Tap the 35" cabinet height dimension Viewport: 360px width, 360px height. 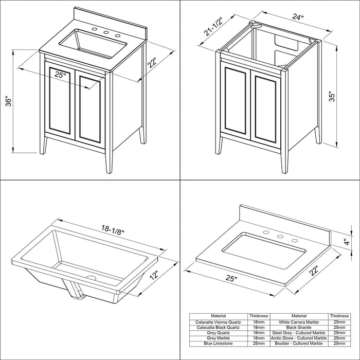332,97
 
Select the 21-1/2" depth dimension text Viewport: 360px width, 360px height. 213,27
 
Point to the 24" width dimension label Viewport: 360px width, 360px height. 298,16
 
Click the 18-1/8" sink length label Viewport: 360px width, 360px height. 113,229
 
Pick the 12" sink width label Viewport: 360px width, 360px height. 154,275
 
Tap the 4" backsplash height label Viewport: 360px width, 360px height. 348,242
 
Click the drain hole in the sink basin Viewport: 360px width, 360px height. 91,277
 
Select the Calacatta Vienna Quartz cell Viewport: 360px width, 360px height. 218,322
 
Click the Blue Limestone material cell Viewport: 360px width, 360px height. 218,344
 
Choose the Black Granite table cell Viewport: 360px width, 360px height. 299,328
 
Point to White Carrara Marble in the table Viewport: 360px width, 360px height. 299,322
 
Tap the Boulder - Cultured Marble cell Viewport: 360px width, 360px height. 299,344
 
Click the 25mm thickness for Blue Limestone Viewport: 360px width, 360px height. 259,344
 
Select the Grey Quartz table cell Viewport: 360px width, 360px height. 218,333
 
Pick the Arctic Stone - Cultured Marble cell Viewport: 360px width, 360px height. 299,338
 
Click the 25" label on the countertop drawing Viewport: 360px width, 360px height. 231,278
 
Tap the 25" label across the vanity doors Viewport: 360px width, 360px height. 60,75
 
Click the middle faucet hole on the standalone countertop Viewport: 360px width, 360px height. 280,236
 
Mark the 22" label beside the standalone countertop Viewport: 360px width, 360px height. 314,271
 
